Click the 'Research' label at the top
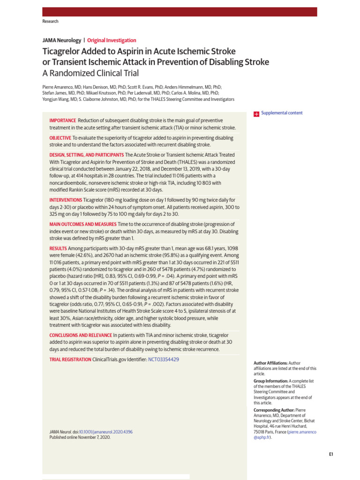[x=50, y=22]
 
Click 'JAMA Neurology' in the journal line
[x=61, y=41]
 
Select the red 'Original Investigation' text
[x=112, y=41]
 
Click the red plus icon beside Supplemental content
[x=256, y=113]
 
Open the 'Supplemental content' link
[x=282, y=113]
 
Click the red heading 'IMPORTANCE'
[x=63, y=121]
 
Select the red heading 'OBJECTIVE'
[x=60, y=138]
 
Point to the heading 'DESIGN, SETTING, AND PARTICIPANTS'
[x=87, y=155]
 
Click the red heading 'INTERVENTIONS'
[x=66, y=200]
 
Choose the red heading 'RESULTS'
[x=58, y=248]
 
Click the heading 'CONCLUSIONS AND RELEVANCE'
[x=81, y=335]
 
